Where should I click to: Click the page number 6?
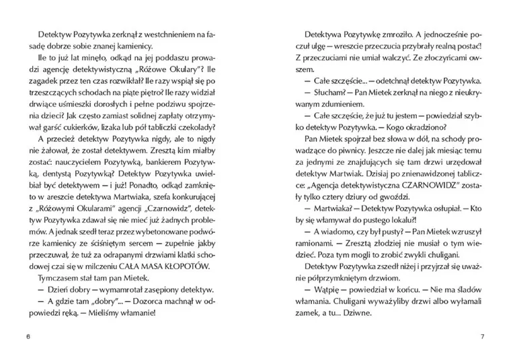[27, 336]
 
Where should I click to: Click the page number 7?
[482, 336]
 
